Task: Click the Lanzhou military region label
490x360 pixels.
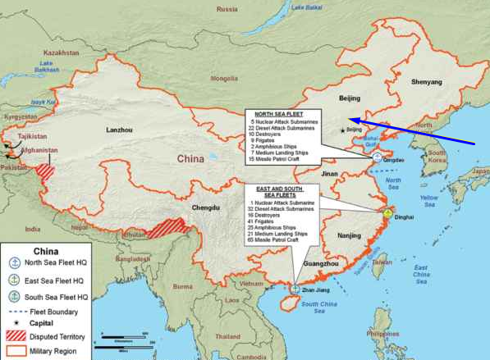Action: [x=119, y=130]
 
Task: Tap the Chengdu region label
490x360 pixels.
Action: [x=206, y=208]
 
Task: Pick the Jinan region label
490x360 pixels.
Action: [x=330, y=174]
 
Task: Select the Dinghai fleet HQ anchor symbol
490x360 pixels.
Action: [x=387, y=216]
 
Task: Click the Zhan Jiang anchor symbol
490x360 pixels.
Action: [x=295, y=289]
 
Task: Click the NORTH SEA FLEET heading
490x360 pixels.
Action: [x=278, y=114]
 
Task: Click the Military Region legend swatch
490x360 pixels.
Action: [x=15, y=350]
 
